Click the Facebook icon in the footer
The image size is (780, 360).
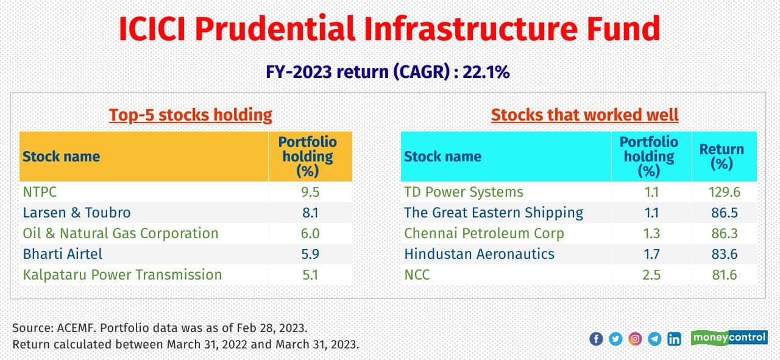pos(596,339)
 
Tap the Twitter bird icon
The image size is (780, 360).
pos(615,339)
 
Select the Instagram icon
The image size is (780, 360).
pos(635,339)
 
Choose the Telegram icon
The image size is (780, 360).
pos(654,339)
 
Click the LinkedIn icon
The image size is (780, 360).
pos(674,339)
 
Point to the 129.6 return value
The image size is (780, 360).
pos(725,192)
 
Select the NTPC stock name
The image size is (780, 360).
pos(40,192)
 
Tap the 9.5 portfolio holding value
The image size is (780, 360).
pos(310,192)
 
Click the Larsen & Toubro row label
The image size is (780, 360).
pos(77,213)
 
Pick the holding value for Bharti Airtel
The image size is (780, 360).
pos(310,254)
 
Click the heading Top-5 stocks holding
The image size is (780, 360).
pos(190,115)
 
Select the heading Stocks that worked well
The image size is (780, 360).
pos(584,115)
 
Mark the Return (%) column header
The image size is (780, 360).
pos(721,157)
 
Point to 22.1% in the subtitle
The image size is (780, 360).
pos(486,72)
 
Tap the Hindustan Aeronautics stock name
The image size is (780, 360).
pos(479,254)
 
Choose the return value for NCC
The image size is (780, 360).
pos(725,275)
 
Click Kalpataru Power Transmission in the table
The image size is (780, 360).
pos(122,275)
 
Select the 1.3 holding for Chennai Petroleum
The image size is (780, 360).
pos(651,233)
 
